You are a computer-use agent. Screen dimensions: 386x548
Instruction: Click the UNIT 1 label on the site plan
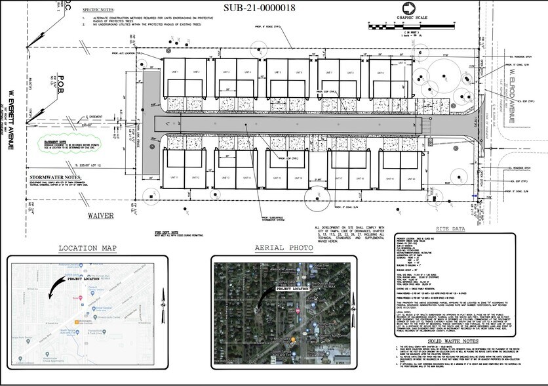tap(174, 70)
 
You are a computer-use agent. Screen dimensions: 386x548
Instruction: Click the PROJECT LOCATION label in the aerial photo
tap(292, 288)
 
